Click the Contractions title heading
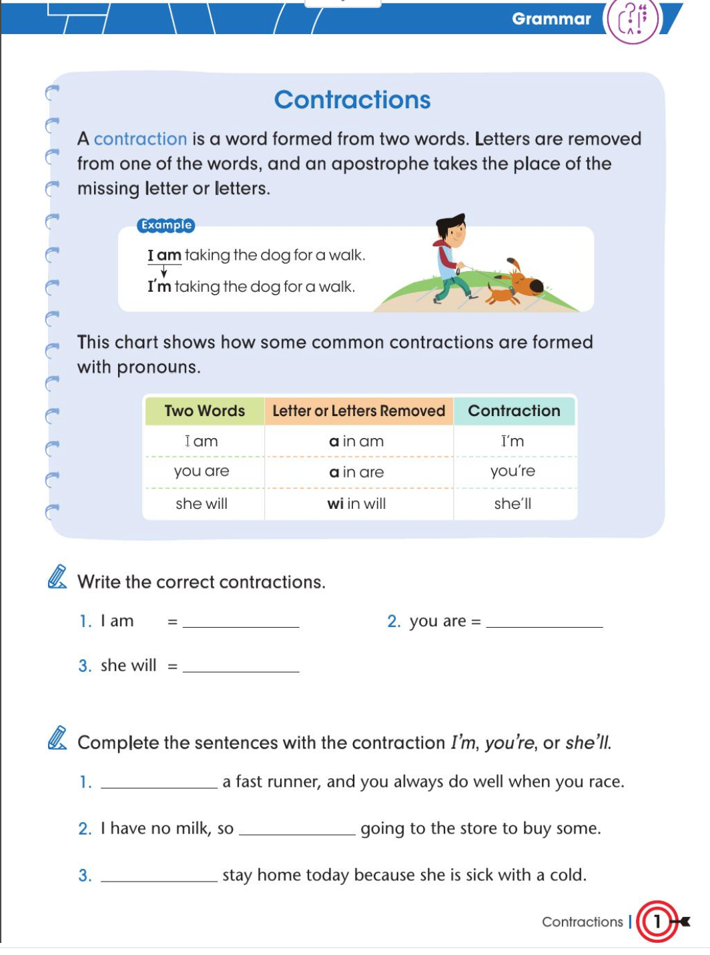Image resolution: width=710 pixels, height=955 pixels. pos(352,100)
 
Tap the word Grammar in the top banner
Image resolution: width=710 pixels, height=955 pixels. pos(551,19)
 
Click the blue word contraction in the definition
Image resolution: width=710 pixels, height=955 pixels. pos(140,139)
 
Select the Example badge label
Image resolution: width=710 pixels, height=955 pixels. pos(165,225)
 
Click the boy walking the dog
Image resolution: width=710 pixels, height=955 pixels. pos(451,257)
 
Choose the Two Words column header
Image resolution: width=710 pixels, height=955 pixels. pos(204,411)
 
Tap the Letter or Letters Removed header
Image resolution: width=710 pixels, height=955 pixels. pos(358,411)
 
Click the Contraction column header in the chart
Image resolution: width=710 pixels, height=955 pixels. pos(514,411)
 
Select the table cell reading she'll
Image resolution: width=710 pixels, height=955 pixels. pos(512,504)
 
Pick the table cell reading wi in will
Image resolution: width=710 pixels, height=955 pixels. pos(356,504)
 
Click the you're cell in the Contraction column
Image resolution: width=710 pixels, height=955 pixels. pos(512,471)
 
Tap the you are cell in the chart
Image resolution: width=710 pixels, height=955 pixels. pos(202,471)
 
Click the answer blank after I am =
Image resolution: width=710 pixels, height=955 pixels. pos(241,621)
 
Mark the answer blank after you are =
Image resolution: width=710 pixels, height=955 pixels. pos(545,621)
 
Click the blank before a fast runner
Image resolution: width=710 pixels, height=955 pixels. pos(159,782)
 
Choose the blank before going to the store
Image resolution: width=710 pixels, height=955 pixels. pos(297,829)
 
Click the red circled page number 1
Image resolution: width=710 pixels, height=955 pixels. pos(657,922)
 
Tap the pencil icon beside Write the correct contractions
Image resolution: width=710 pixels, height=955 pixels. pos(57,577)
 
